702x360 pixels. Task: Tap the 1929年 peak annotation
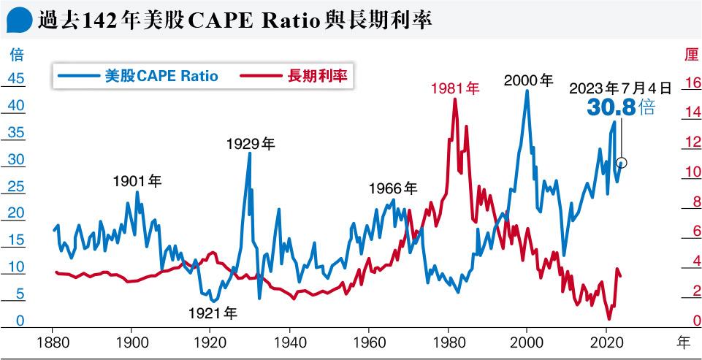pos(250,144)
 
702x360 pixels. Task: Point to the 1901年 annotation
pos(137,180)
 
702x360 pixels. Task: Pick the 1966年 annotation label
pos(392,188)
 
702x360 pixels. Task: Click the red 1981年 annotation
pos(454,89)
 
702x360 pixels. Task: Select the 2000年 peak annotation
pos(529,81)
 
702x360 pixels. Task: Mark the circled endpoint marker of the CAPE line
pos(622,163)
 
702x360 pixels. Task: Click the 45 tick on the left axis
pos(16,80)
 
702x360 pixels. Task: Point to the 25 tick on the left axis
pos(16,187)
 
